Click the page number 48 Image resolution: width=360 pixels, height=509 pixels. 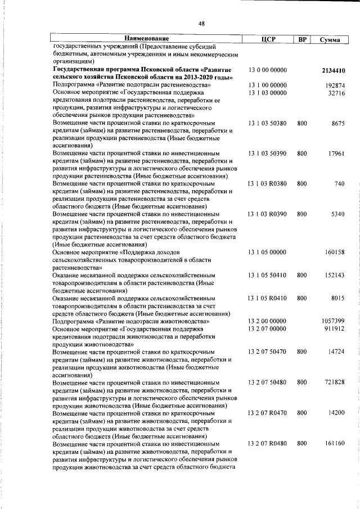click(201, 24)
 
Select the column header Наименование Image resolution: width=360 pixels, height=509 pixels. click(147, 39)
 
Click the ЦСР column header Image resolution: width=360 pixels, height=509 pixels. click(268, 39)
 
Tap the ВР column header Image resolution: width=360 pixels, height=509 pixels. click(302, 39)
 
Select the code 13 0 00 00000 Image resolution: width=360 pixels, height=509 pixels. click(268, 70)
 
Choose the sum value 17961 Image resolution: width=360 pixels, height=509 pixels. click(336, 153)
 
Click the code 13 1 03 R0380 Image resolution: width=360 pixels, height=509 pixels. click(268, 183)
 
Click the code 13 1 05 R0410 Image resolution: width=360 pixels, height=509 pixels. click(268, 298)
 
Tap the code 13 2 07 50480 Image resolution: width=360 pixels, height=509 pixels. click(268, 382)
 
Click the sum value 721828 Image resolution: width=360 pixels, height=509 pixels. click(335, 382)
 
